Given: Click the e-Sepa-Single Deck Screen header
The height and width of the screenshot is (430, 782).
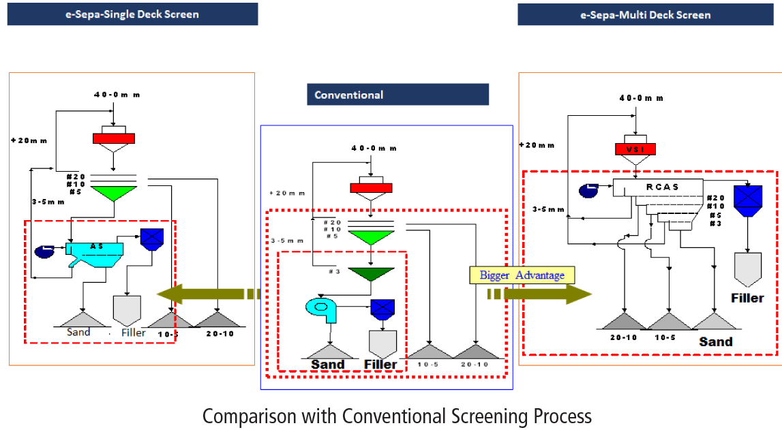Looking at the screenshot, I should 132,14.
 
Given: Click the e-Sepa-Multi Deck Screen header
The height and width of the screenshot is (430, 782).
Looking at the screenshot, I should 645,14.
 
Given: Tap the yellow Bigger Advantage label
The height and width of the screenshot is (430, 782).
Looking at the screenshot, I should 522,275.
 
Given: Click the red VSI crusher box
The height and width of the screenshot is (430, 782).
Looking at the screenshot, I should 635,149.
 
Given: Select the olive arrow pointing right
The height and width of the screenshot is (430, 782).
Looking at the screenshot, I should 546,294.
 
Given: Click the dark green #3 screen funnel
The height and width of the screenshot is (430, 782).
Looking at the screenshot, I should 370,275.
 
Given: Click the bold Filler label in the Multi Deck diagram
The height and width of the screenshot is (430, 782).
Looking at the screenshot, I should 747,298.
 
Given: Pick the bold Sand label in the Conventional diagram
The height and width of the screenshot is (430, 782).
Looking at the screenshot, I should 328,364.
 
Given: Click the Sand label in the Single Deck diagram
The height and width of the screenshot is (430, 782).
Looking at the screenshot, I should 78,332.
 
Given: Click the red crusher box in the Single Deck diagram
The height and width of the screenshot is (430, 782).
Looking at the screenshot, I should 115,138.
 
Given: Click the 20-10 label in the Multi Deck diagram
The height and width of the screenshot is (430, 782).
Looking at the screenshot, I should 625,337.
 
